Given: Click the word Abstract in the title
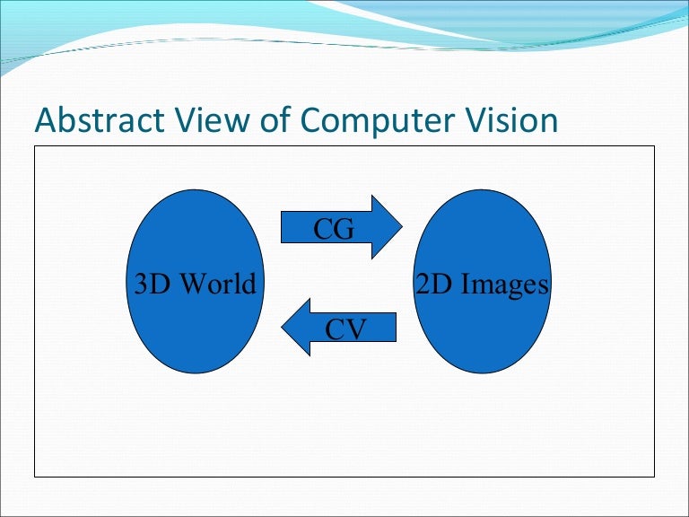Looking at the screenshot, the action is pos(100,119).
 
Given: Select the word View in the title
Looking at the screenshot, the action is pos(213,119).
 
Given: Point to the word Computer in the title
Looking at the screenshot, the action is pos(378,121).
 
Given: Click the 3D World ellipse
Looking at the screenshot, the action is pos(195,281).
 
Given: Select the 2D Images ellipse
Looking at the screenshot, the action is pos(482,281).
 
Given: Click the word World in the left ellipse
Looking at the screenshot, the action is pos(218,284).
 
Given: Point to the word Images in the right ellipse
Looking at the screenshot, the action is pos(505,285).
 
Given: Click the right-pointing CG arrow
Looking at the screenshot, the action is pos(342,227).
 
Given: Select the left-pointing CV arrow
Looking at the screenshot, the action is pos(339,327).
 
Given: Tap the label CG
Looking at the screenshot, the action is pos(334,229).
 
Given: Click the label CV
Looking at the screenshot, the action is pos(345,329).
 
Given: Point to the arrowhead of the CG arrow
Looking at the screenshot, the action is pos(402,227).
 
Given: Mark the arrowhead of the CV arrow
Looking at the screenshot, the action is pos(282,327).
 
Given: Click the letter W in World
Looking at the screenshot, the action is pos(195,284).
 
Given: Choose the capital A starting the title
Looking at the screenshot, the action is pos(44,119).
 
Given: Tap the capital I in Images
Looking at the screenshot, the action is pos(467,284).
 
